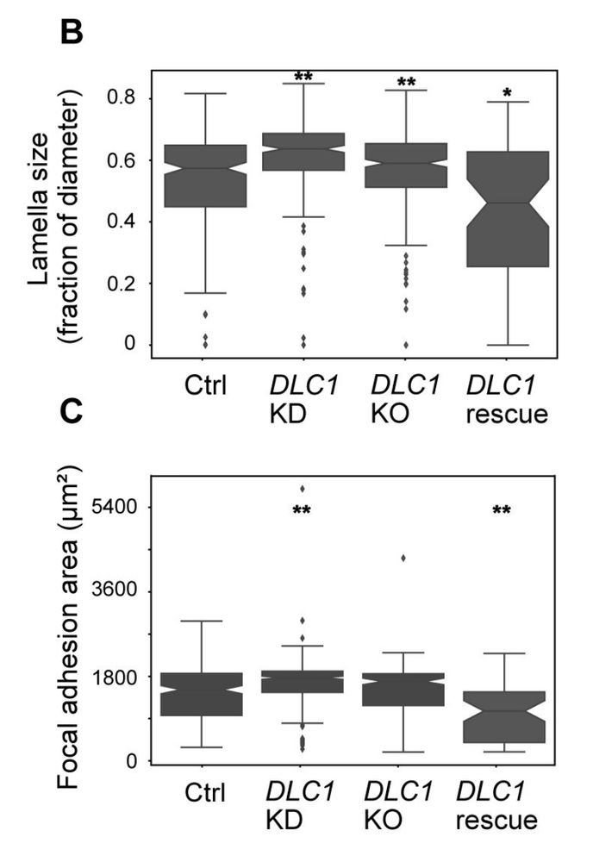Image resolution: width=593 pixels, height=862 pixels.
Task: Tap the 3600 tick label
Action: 118,591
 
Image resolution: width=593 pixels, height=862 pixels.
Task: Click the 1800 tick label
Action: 118,677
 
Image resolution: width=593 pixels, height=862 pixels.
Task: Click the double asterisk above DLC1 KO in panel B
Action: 405,84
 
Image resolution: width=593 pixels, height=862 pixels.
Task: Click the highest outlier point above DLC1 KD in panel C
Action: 302,490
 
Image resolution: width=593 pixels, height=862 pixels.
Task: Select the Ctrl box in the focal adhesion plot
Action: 202,694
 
